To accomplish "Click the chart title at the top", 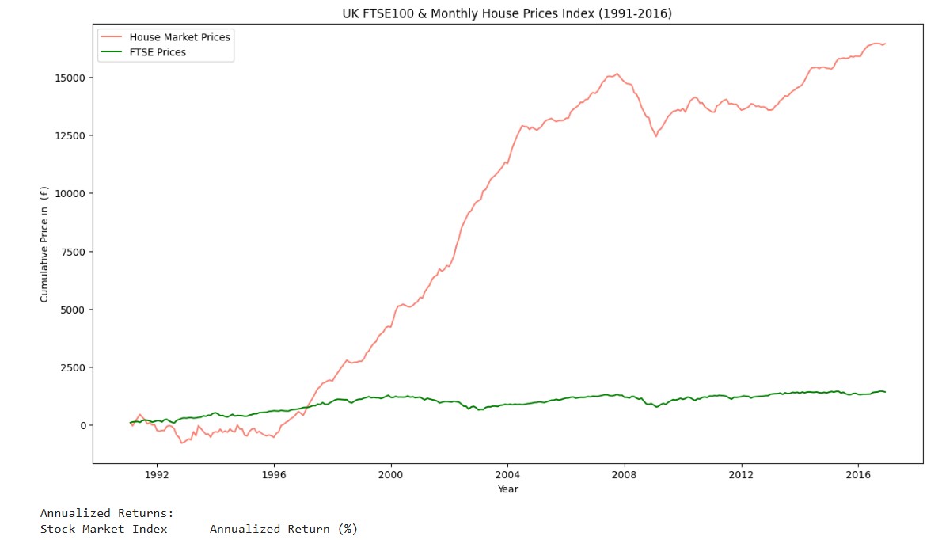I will coord(507,13).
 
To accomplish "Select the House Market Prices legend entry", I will coord(180,37).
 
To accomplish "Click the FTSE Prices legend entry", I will coord(158,52).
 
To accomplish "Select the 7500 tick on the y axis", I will coord(74,252).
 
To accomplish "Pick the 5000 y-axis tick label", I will coord(74,310).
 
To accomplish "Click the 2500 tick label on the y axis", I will coord(74,367).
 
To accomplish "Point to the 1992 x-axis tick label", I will coord(157,475).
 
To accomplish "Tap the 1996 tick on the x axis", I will coord(274,475).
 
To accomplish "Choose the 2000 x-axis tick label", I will coord(391,475).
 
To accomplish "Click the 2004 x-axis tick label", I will coord(507,475).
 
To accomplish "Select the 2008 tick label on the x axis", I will coord(625,475).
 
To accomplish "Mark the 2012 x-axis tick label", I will coord(742,475).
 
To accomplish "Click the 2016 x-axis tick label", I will coord(859,475).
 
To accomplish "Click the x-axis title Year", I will coord(507,489).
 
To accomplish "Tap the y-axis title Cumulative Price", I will coord(44,244).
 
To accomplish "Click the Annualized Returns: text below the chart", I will coord(107,514).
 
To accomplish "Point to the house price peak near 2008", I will coord(617,74).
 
